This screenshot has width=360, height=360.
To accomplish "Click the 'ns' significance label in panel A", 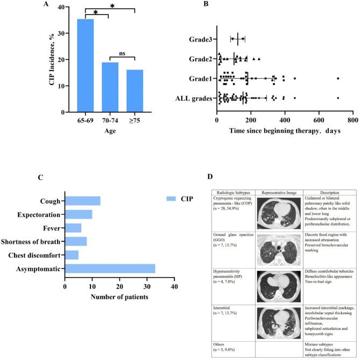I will tap(123, 52).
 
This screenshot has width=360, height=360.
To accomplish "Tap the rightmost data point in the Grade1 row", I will tap(338, 79).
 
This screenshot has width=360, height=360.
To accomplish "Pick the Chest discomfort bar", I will tap(72, 255).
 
